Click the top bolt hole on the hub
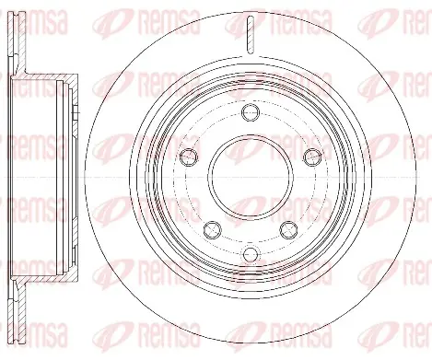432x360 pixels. (251, 112)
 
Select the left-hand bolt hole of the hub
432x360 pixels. (189, 157)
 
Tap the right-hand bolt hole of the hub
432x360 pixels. (312, 157)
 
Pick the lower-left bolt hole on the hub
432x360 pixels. (213, 229)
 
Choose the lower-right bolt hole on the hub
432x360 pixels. (289, 229)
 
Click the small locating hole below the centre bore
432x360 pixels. (251, 253)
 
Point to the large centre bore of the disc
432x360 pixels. (251, 178)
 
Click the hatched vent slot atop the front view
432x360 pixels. (251, 34)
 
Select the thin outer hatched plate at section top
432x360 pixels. (11, 34)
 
